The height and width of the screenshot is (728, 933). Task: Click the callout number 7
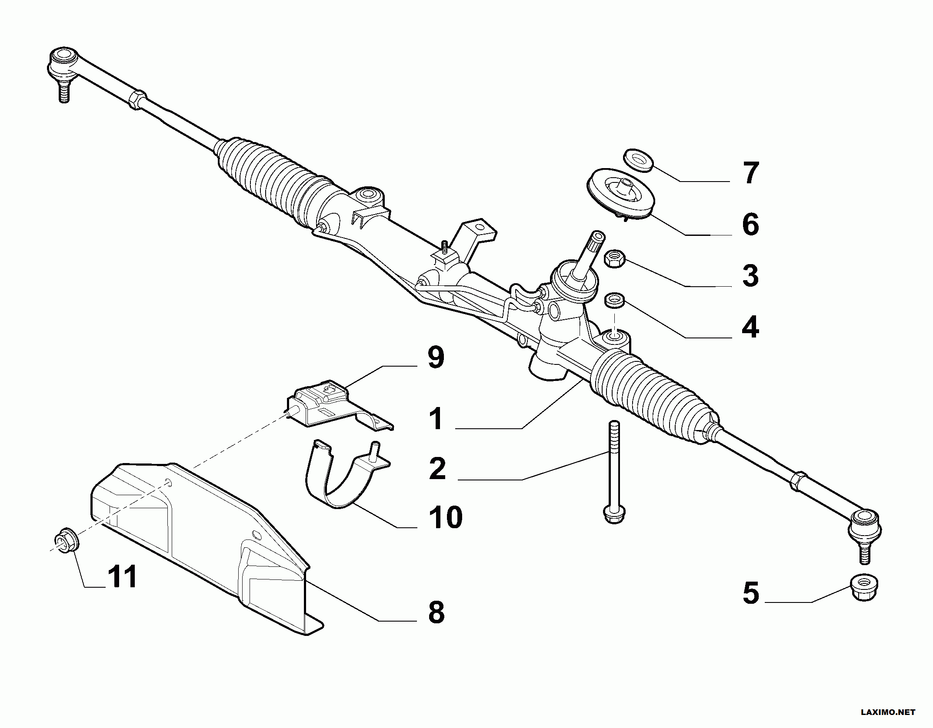coord(751,173)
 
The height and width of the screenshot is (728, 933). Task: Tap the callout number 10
coord(446,517)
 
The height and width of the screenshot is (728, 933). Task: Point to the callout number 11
coord(123,577)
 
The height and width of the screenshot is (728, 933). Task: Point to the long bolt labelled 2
coord(613,473)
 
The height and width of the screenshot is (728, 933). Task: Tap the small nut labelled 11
coord(67,540)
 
